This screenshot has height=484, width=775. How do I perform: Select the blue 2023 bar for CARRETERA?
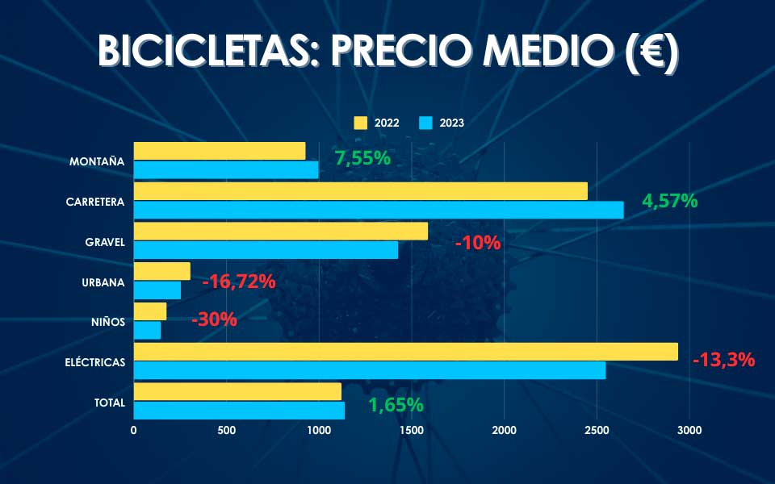379,210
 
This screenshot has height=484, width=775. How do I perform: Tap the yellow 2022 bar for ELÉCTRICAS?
405,352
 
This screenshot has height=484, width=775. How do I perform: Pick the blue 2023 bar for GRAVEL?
266,250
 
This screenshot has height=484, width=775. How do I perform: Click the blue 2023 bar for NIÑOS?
147,330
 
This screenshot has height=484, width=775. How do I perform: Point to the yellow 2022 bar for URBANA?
161,271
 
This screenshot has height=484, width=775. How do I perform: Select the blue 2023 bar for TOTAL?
239,410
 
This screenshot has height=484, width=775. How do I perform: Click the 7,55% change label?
362,158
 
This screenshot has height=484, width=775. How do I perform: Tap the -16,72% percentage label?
239,282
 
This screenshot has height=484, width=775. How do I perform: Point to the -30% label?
214,319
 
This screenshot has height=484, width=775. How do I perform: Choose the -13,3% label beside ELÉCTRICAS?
723,360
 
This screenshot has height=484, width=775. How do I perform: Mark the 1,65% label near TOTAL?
396,405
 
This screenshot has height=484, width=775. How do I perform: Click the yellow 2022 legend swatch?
361,123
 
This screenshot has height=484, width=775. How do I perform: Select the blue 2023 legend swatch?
426,123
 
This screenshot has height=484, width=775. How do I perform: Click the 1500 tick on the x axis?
411,431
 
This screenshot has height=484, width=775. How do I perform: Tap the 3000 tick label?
689,431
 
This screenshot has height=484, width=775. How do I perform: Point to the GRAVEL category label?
105,242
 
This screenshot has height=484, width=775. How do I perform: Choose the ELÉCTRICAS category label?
95,362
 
